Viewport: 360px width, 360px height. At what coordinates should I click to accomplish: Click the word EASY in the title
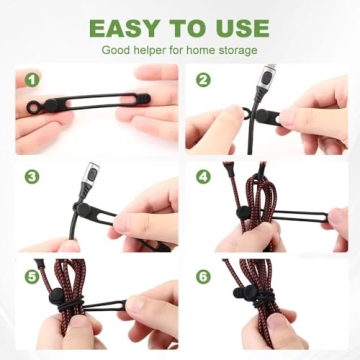coord(125,27)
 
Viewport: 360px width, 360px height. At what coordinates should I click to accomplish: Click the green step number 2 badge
coord(203,79)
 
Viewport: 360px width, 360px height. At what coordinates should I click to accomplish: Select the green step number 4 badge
coord(203,176)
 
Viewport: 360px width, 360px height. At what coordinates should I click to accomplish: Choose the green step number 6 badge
coord(203,274)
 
